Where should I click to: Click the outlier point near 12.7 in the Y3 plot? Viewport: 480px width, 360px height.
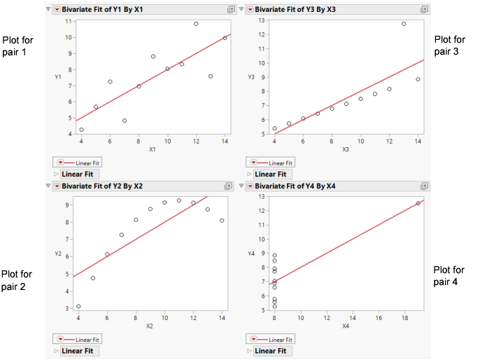(404, 24)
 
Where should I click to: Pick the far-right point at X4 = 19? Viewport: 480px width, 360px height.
(418, 203)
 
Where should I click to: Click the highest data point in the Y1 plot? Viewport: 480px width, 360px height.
(196, 24)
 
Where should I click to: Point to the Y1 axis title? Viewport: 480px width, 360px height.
(58, 76)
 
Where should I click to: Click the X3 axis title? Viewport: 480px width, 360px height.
(346, 149)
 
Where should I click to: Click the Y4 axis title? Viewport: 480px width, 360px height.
(252, 253)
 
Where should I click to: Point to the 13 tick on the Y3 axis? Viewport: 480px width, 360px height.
(262, 20)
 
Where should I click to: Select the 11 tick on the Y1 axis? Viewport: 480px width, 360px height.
(69, 21)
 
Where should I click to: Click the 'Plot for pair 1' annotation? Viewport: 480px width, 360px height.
(18, 46)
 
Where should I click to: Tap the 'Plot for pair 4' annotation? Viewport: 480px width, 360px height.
(449, 275)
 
